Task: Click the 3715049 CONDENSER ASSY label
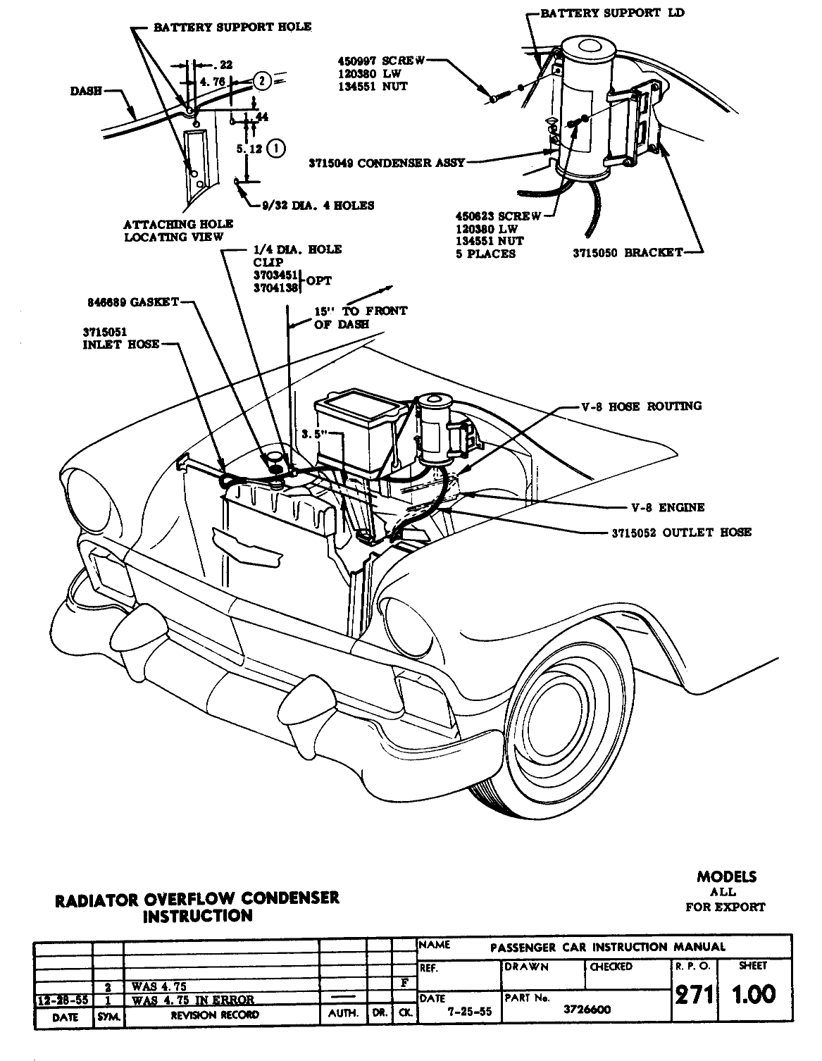pos(387,163)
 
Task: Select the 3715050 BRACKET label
pos(628,252)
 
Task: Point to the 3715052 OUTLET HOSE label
pos(681,533)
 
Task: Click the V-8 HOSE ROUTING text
pos(641,406)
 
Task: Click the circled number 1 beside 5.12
pos(277,149)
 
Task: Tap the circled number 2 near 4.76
pos(261,81)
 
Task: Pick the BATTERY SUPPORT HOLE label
pos(232,27)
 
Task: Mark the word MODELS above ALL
pos(726,877)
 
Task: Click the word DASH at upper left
pos(86,91)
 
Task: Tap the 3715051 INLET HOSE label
pos(120,338)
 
